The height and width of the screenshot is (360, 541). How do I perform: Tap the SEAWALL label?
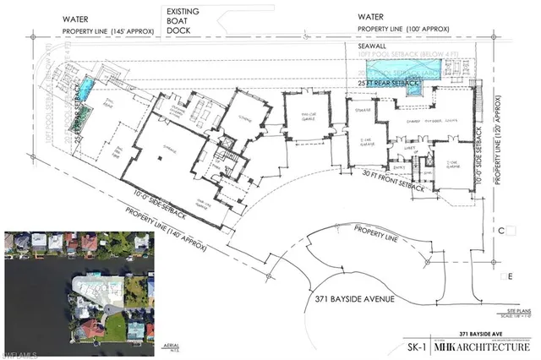tap(373, 46)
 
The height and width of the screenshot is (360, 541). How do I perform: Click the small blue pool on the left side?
tap(88, 87)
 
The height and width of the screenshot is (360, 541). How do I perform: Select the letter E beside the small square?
tap(511, 276)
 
